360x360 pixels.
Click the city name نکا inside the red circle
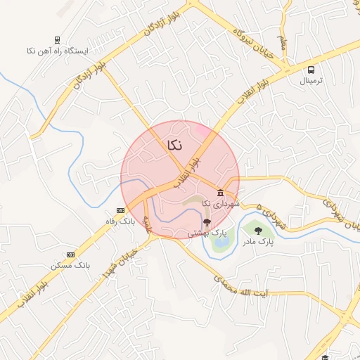pyautogui.click(x=174, y=145)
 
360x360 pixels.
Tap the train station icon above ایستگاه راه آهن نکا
pyautogui.click(x=57, y=40)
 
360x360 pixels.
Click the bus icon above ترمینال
pyautogui.click(x=310, y=69)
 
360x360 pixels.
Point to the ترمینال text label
pyautogui.click(x=310, y=80)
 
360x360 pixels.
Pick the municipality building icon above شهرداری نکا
pyautogui.click(x=220, y=193)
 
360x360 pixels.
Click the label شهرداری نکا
pyautogui.click(x=220, y=204)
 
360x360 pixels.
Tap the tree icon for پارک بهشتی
pyautogui.click(x=206, y=221)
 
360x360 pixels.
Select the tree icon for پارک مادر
pyautogui.click(x=257, y=230)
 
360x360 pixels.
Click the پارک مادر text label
pyautogui.click(x=257, y=241)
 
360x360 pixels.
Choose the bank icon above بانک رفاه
pyautogui.click(x=120, y=210)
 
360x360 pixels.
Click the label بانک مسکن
pyautogui.click(x=70, y=265)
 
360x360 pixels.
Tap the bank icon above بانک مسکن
pyautogui.click(x=70, y=254)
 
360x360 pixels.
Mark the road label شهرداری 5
pyautogui.click(x=271, y=217)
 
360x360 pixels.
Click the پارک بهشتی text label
pyautogui.click(x=211, y=232)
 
